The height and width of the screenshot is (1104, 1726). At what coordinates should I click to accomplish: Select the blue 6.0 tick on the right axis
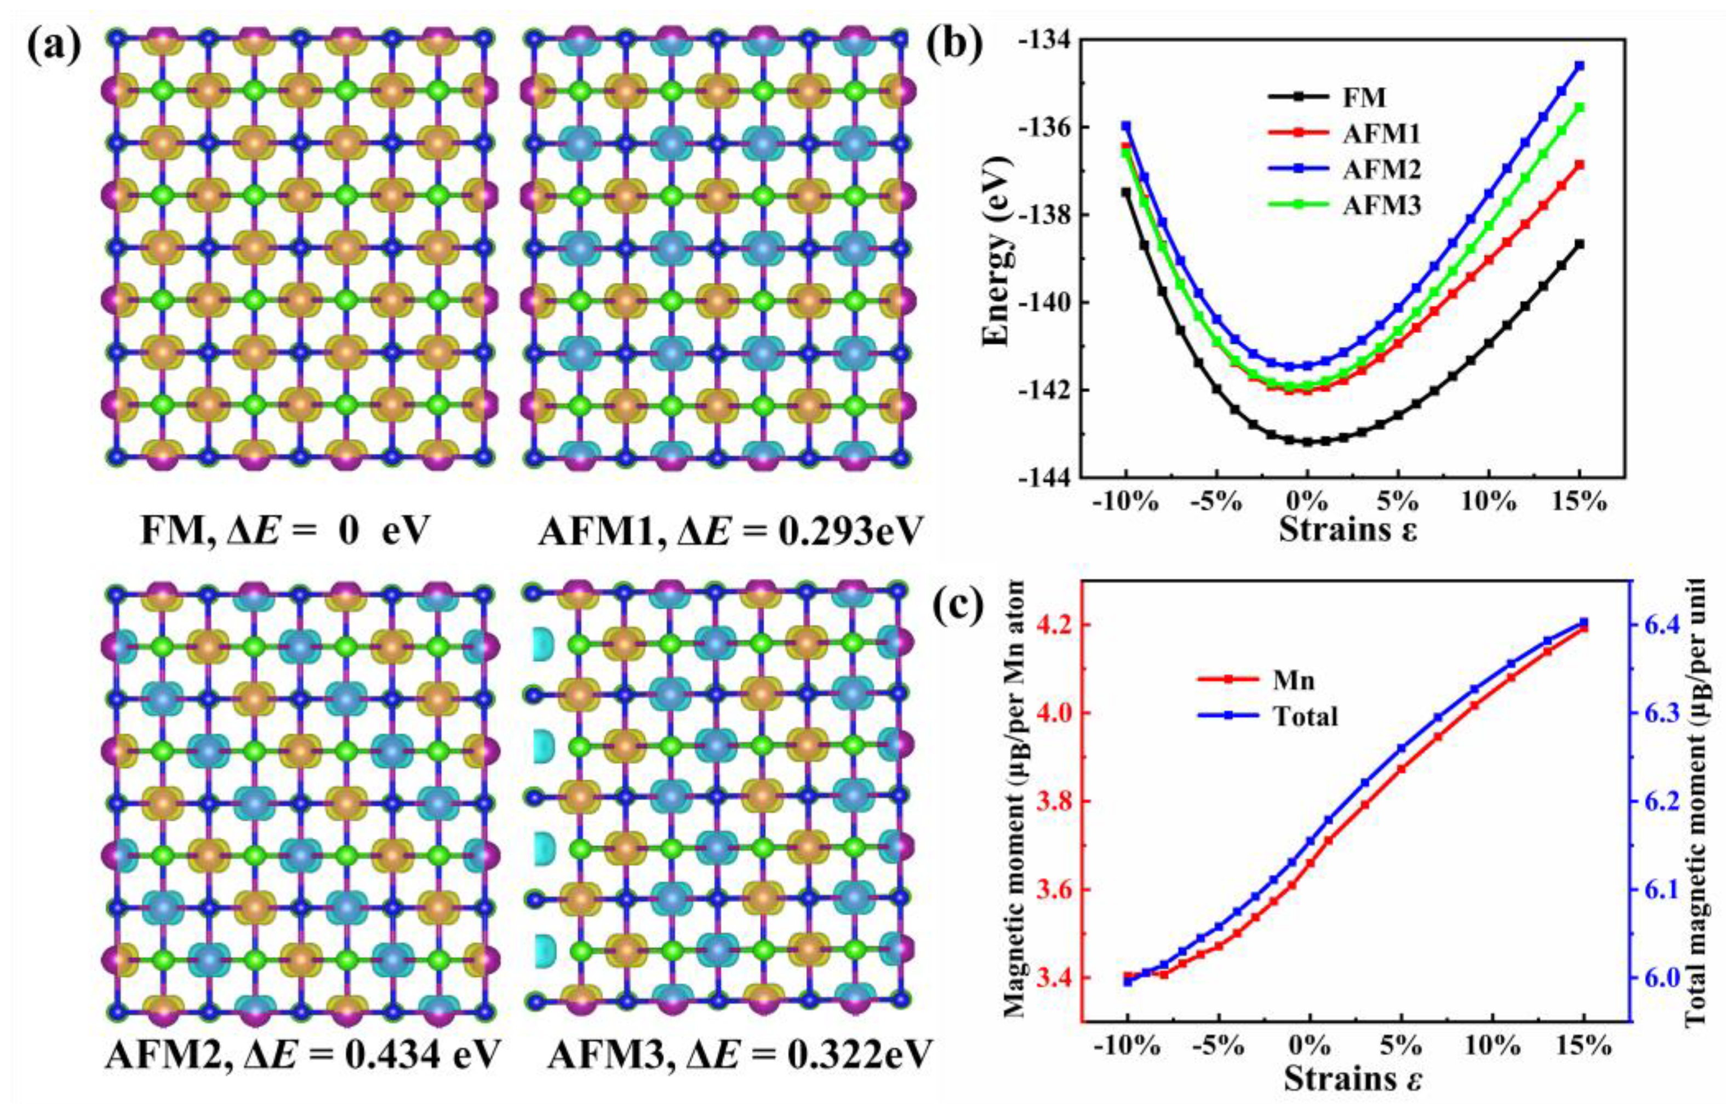pos(1634,998)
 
